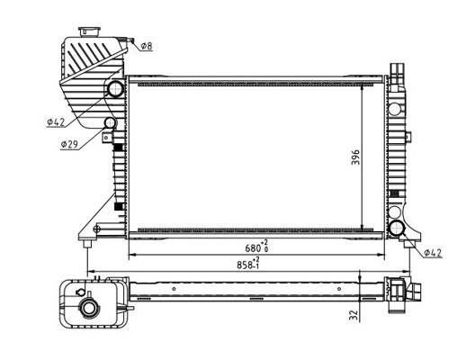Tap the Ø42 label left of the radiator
coord(56,121)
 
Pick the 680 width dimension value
coord(257,248)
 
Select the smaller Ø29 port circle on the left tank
coord(111,123)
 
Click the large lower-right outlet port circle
coord(396,226)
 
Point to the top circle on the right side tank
coord(396,110)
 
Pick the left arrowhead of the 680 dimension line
coord(132,256)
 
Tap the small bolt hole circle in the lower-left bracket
coord(96,228)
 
